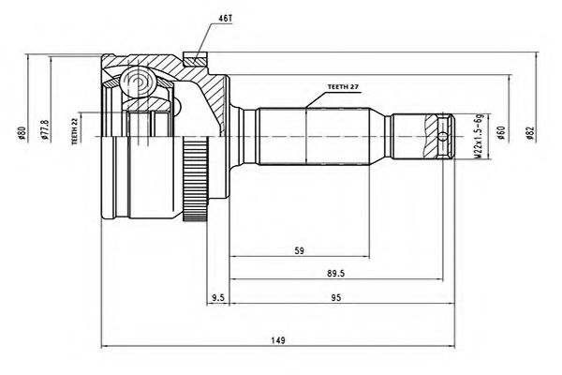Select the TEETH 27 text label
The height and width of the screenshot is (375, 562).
tap(343, 86)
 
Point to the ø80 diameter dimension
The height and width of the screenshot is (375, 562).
tap(21, 135)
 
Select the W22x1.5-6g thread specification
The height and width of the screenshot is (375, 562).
tap(477, 136)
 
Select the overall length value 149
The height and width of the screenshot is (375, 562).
tap(277, 339)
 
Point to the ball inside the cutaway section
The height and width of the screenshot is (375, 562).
tap(140, 82)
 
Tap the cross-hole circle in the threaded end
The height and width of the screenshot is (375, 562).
tap(443, 137)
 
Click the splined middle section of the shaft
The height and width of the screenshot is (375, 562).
tap(309, 137)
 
